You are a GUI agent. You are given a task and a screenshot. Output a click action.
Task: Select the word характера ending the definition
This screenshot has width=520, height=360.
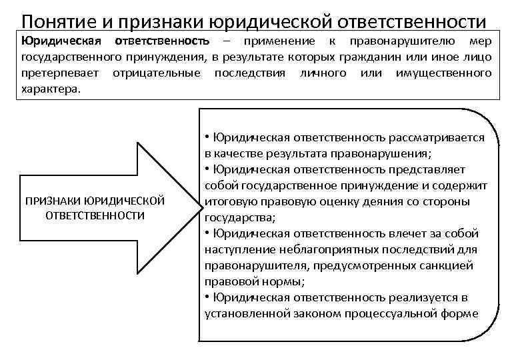[50, 88]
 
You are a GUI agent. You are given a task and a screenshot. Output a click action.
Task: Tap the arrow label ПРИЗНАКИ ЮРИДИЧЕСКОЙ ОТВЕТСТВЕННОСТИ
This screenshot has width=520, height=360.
[95, 208]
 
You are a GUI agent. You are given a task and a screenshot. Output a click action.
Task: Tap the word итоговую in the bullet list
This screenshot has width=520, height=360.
[229, 201]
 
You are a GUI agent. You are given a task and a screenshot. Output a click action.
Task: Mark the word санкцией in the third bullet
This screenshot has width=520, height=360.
[457, 265]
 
